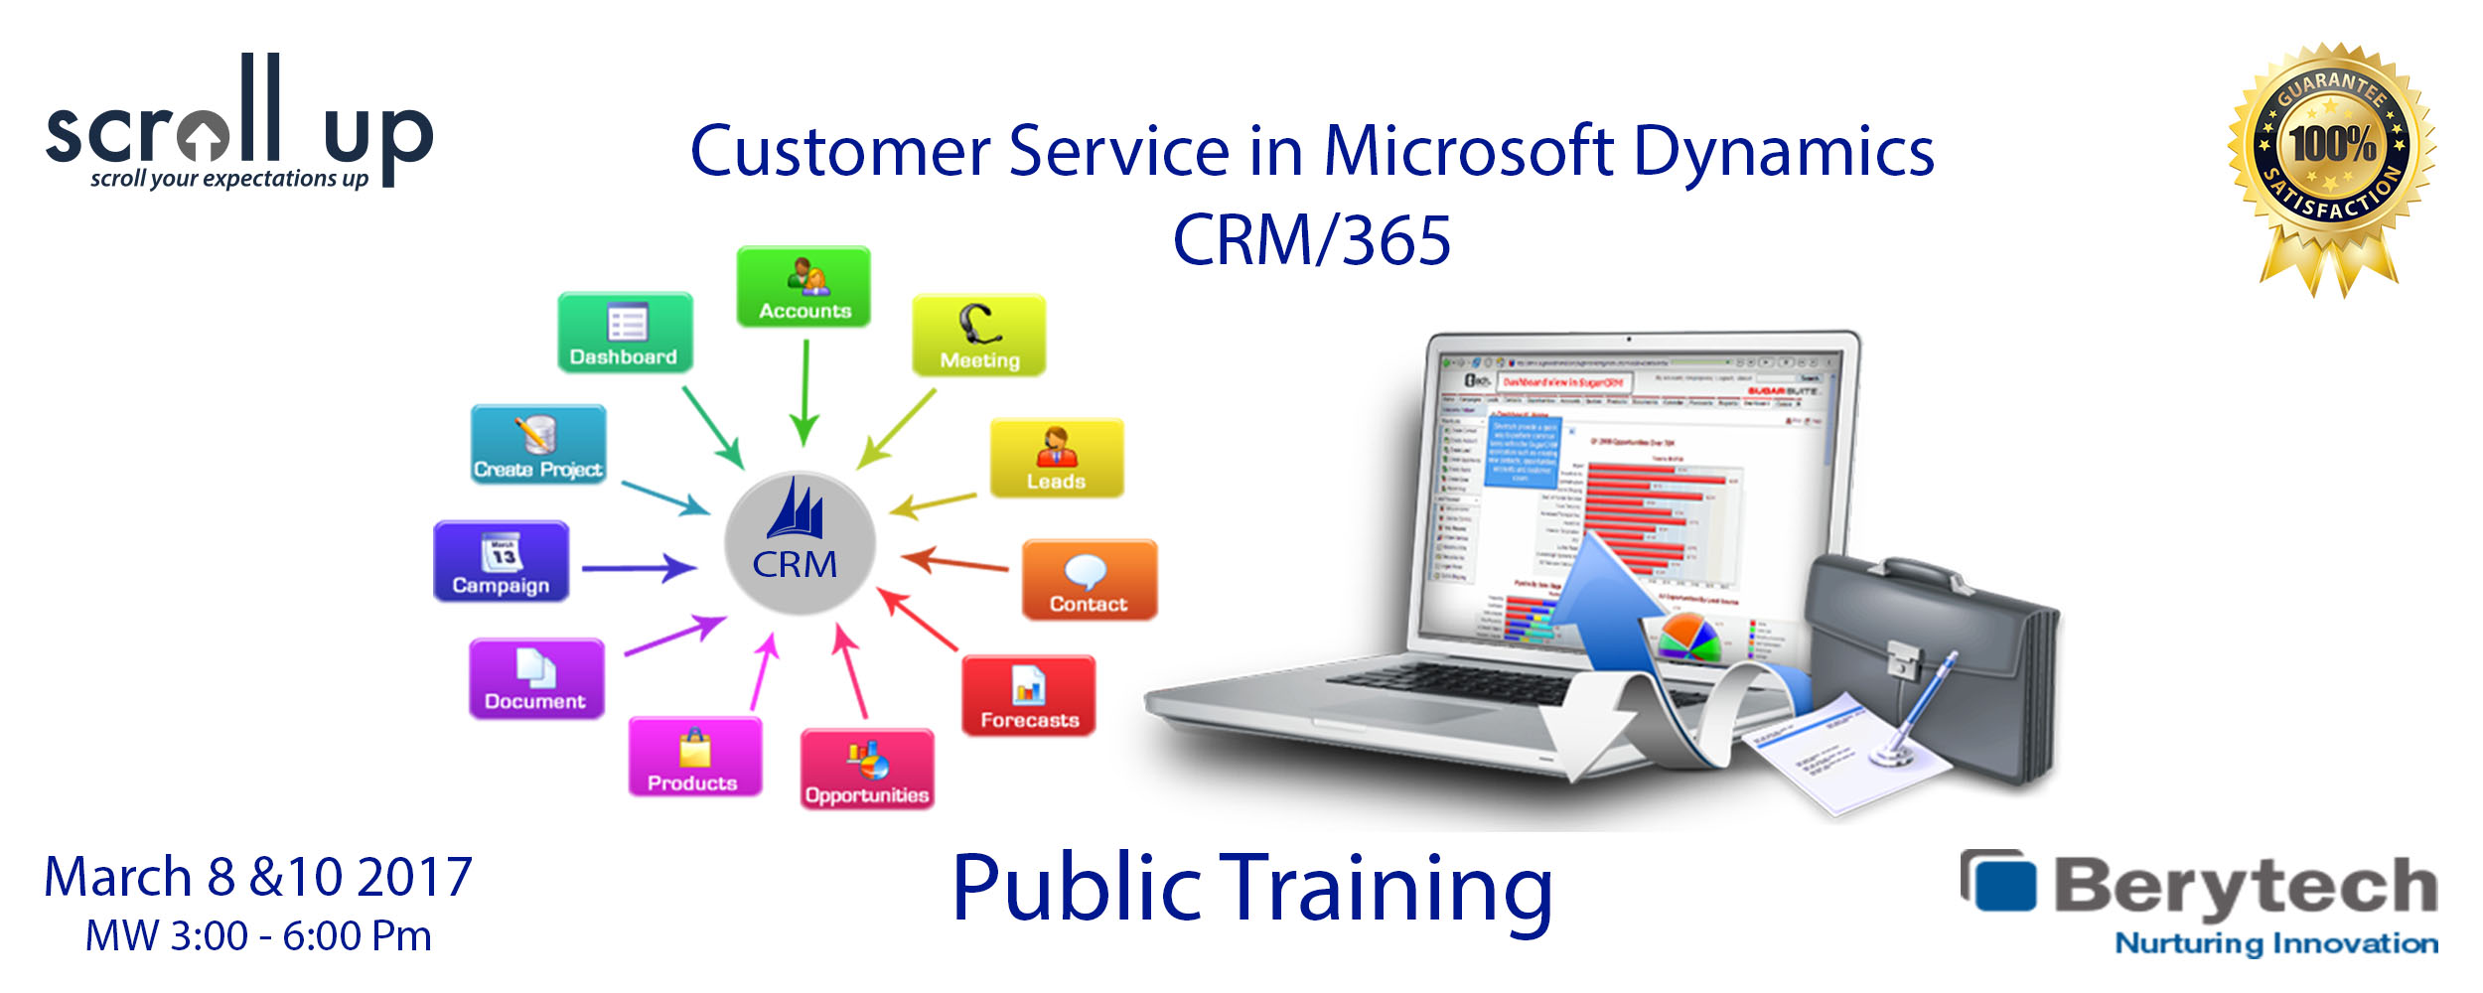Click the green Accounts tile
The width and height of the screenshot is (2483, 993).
(x=803, y=287)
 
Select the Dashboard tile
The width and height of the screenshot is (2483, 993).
(x=625, y=333)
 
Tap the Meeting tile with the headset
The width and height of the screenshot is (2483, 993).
(x=978, y=336)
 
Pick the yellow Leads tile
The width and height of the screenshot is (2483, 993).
(x=1057, y=458)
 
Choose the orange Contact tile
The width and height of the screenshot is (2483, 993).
(x=1090, y=580)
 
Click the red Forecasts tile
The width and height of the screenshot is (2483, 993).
(x=1029, y=696)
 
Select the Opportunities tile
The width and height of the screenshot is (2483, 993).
(x=867, y=770)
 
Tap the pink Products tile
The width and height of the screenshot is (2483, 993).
(x=695, y=758)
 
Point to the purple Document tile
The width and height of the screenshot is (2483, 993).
(x=536, y=679)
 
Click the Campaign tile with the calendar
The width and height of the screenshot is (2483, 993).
(x=502, y=562)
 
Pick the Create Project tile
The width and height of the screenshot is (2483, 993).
(x=538, y=445)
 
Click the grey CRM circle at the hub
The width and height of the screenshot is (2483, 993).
(x=799, y=543)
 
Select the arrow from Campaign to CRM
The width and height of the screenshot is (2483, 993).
(x=639, y=568)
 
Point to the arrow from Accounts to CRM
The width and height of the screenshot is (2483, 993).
(x=804, y=392)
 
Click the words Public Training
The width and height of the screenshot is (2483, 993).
(x=1251, y=889)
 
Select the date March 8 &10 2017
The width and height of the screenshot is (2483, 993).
(x=258, y=878)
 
